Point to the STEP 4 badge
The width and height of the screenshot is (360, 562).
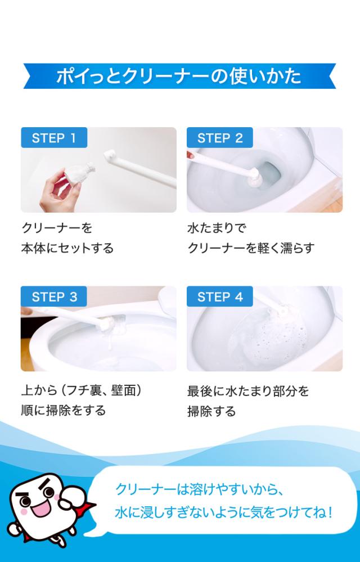(220, 296)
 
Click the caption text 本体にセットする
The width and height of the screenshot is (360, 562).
(67, 248)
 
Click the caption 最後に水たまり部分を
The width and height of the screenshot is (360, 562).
(248, 390)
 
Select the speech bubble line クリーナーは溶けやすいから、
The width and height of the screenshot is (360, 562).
(196, 489)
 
